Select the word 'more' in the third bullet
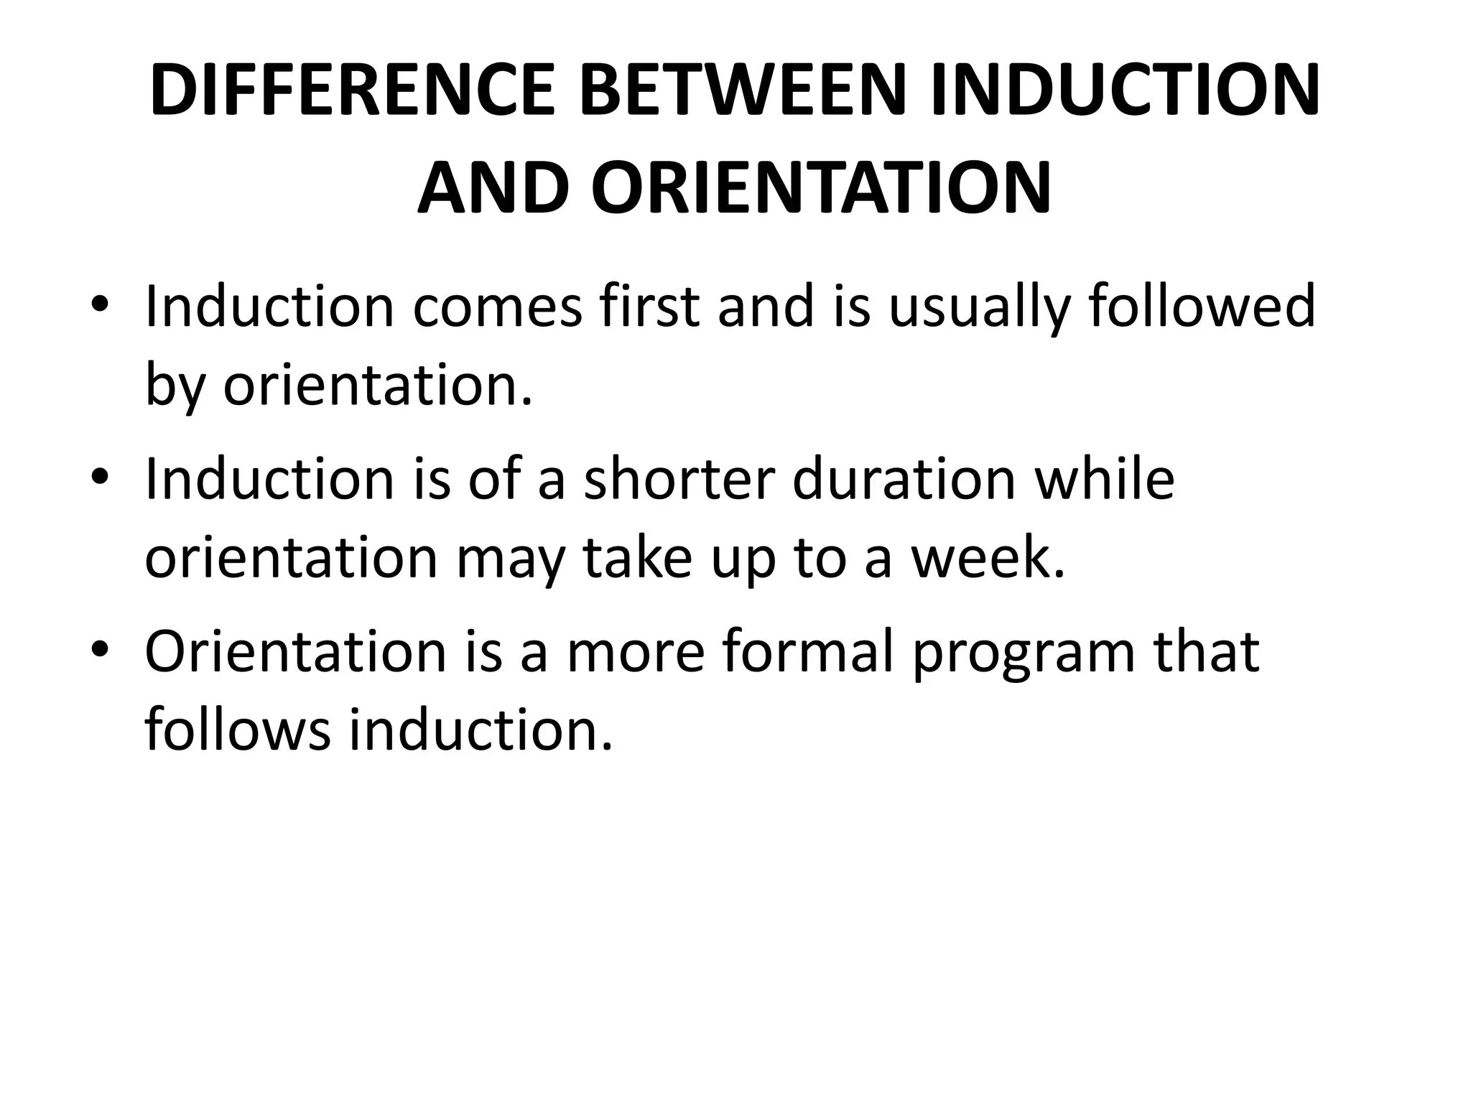[x=636, y=651]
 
